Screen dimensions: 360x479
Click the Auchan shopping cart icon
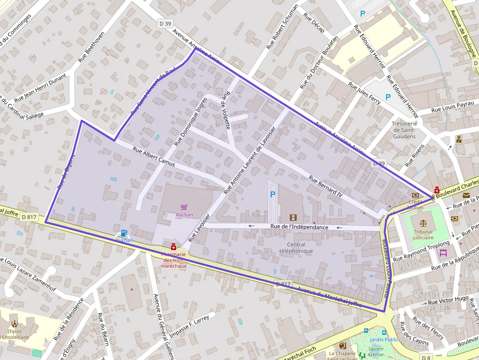(x=184, y=208)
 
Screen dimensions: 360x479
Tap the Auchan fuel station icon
(x=124, y=233)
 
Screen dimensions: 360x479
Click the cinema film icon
(x=293, y=218)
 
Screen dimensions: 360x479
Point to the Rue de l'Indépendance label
(x=299, y=227)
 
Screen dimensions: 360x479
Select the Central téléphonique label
(x=296, y=248)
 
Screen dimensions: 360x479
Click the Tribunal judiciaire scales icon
(x=423, y=221)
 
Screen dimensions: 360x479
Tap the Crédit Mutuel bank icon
(x=415, y=195)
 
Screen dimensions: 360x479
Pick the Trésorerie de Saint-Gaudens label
(x=404, y=130)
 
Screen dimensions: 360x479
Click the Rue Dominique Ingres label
(x=191, y=122)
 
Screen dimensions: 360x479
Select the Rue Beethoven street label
(x=92, y=47)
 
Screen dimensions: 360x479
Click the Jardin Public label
(x=384, y=339)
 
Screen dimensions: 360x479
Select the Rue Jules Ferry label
(x=364, y=93)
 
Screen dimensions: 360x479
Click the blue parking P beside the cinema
(x=273, y=194)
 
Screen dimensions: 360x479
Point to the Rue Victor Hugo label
(x=448, y=300)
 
